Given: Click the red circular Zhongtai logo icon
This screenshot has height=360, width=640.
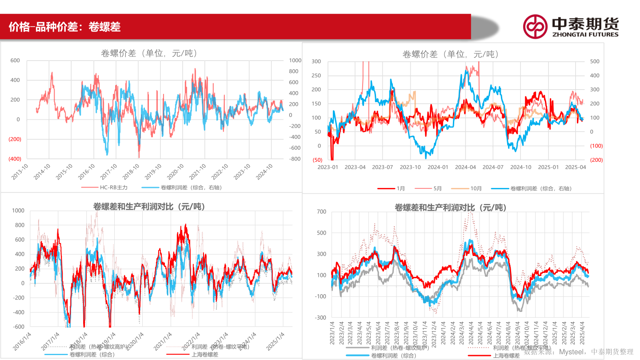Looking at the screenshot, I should click(535, 26).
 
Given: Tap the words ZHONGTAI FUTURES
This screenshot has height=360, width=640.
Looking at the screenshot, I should click(585, 34).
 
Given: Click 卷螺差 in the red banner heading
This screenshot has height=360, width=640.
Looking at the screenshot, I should click(104, 27).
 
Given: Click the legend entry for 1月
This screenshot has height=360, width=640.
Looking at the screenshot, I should click(400, 188).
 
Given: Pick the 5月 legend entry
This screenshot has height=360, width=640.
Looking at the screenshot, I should click(437, 188).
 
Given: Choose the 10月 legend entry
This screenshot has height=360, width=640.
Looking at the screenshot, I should click(476, 188).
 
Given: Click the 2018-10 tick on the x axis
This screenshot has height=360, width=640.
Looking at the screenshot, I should click(132, 172).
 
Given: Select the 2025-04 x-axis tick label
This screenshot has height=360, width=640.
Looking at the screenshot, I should click(575, 167).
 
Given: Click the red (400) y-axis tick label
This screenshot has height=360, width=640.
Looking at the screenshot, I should click(15, 159).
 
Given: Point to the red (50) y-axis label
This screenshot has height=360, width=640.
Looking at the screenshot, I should click(317, 160).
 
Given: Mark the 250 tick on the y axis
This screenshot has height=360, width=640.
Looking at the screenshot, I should click(316, 76).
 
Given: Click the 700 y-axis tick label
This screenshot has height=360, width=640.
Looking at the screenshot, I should click(321, 212).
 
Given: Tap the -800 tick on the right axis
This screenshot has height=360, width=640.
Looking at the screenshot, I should click(295, 159).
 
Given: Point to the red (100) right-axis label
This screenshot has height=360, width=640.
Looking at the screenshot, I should click(596, 146).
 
